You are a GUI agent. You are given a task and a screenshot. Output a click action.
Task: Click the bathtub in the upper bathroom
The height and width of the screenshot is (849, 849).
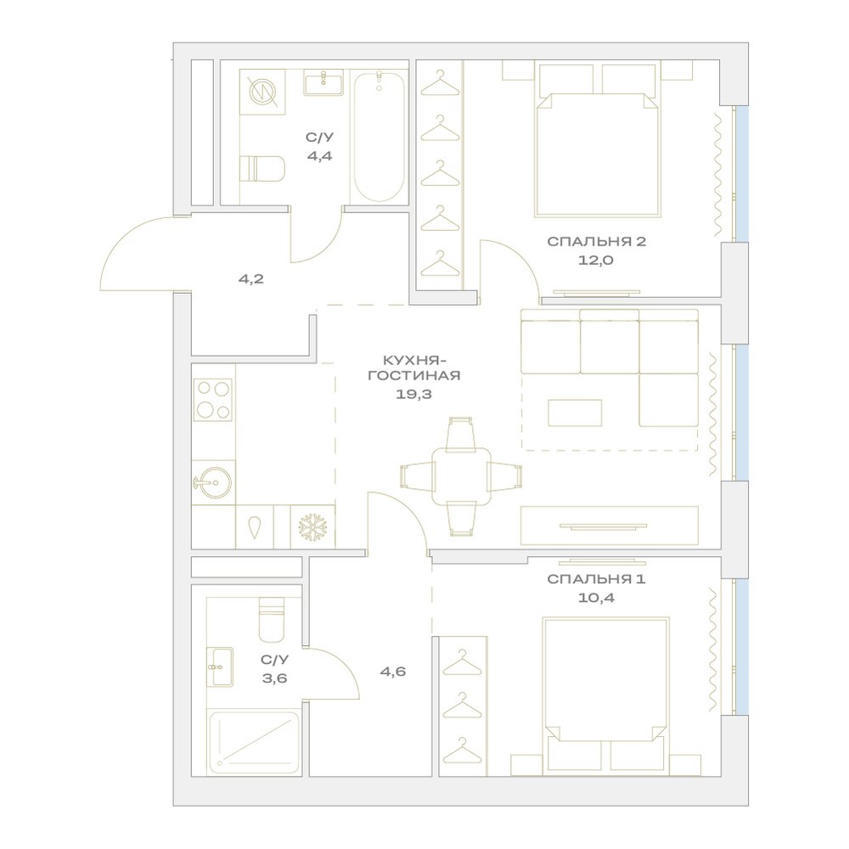tap(379, 137)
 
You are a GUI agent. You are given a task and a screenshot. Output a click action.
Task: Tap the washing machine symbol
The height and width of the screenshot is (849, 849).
tap(262, 92)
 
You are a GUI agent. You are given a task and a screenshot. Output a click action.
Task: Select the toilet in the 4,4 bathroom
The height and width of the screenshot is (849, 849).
tap(262, 169)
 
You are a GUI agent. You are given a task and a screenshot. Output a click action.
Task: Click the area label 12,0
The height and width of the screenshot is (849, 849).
tap(596, 260)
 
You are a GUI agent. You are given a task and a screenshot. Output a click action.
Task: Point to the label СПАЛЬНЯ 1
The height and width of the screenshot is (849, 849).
tap(596, 579)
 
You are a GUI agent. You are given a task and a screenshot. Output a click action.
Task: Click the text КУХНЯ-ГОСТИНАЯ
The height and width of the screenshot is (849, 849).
tap(414, 368)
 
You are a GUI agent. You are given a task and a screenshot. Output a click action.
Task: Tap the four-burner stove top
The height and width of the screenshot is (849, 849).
tap(213, 400)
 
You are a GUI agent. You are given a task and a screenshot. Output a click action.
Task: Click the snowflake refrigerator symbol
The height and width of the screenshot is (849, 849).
tap(312, 527)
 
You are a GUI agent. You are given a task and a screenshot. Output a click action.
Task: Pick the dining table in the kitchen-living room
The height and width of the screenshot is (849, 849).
tap(461, 476)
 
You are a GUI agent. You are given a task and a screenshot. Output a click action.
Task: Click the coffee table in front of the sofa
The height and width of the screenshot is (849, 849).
tap(575, 413)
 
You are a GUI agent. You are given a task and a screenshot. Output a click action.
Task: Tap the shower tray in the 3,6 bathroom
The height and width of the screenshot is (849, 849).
tap(254, 742)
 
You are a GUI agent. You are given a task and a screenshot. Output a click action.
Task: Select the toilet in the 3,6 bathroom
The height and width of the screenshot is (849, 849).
tap(272, 620)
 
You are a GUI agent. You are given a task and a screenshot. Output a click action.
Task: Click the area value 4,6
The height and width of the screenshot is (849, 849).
tap(392, 672)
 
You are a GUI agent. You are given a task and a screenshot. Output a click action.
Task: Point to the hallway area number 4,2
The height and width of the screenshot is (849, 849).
tap(251, 279)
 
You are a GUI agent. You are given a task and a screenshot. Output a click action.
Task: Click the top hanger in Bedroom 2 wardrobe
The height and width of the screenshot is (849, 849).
tap(440, 80)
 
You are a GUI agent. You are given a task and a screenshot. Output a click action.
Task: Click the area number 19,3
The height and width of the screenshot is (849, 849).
tap(413, 394)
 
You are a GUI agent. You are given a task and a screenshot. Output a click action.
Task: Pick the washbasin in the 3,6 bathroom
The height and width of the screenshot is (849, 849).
tap(220, 666)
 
